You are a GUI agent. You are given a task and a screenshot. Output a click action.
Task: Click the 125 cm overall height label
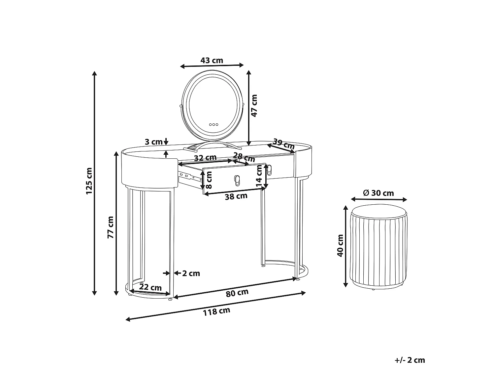[89, 181]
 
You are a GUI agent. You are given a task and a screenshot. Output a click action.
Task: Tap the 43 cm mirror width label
[212, 60]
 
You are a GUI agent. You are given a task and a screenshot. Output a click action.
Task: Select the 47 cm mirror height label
[254, 106]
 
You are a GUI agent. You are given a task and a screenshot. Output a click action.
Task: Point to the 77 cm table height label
[111, 227]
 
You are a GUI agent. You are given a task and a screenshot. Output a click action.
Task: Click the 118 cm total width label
[217, 311]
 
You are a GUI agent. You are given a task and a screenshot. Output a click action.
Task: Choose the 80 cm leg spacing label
[237, 293]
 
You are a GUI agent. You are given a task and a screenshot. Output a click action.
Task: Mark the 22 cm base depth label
[150, 287]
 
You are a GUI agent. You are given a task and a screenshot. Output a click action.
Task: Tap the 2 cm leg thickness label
[191, 273]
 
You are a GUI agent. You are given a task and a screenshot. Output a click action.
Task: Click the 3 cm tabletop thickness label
[153, 142]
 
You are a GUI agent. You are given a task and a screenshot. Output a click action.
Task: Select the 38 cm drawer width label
[236, 196]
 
